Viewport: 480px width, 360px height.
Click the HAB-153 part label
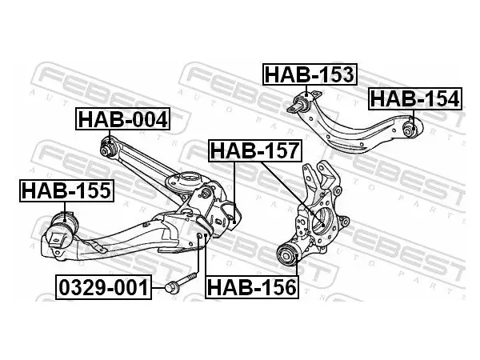[x=310, y=74]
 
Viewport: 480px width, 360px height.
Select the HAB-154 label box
[x=415, y=98]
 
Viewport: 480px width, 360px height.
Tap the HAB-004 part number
[x=122, y=119]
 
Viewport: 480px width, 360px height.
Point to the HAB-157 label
[x=255, y=150]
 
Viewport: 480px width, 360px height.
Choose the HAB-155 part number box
[x=66, y=190]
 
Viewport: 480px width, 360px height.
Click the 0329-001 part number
[x=103, y=287]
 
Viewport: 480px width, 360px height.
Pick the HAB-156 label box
[x=252, y=287]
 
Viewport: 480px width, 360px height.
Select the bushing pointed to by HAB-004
[x=108, y=147]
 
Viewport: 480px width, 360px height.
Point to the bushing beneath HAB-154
[x=411, y=128]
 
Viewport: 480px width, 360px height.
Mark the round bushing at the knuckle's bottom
[x=289, y=254]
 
